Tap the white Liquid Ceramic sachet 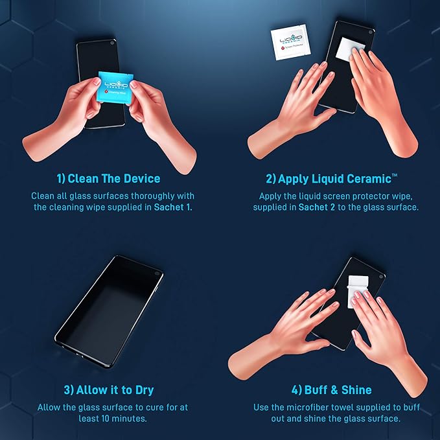289,42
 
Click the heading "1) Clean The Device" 109,179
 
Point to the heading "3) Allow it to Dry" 109,390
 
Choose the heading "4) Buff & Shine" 331,390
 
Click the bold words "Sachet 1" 172,207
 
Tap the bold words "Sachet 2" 317,207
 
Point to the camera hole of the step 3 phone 157,273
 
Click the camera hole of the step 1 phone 112,43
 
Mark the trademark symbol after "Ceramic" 395,176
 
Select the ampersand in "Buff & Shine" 334,390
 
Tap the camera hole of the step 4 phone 381,277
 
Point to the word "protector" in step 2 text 372,196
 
